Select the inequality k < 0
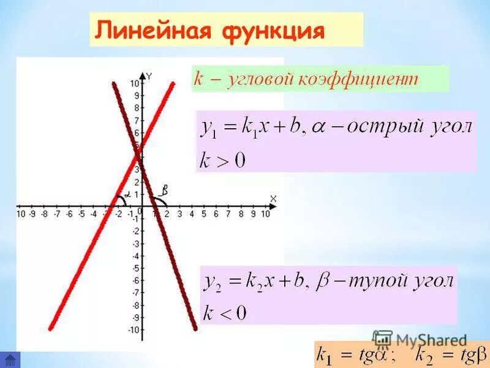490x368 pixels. (224, 315)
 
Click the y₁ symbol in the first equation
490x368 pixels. (209, 129)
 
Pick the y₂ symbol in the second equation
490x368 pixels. (213, 283)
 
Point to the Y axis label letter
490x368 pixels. (149, 75)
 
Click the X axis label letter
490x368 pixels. (273, 198)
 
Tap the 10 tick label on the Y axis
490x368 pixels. (134, 83)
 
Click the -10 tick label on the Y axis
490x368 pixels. (132, 330)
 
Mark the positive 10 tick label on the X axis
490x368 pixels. (265, 214)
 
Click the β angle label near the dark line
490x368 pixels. (165, 189)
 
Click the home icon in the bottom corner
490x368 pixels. (10, 359)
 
